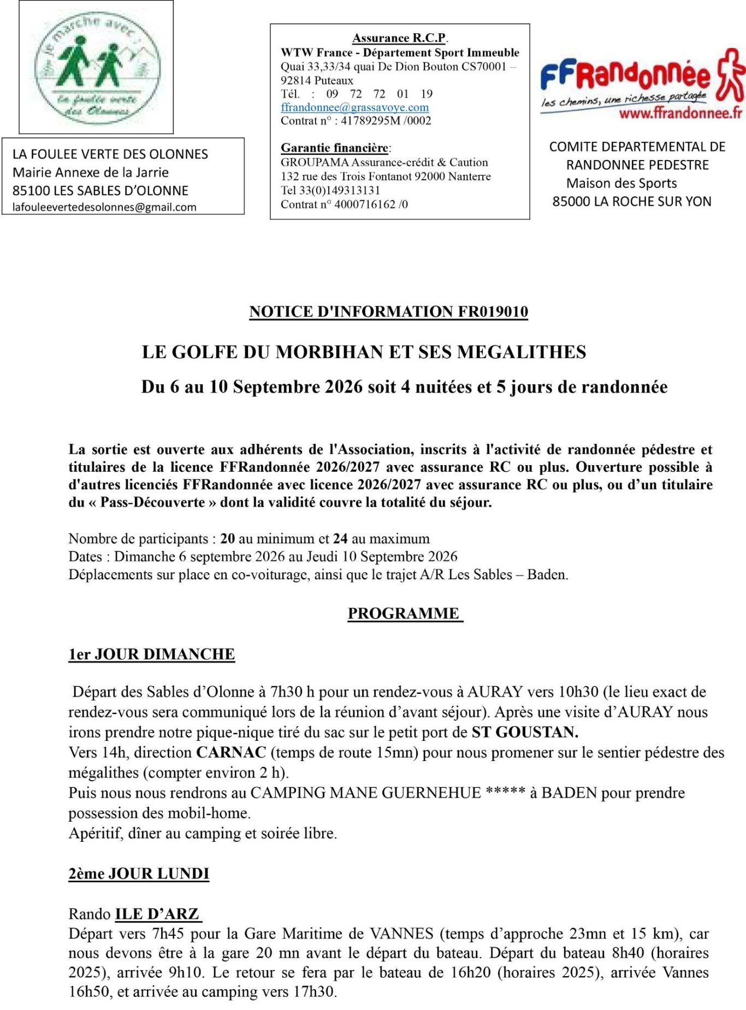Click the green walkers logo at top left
pos(97,67)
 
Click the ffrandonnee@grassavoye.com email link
pos(354,108)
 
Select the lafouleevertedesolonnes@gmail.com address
pos(104,207)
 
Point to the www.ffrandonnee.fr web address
pos(680,114)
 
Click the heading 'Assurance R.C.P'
pos(399,38)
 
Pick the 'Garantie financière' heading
pos(334,148)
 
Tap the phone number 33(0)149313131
pos(339,190)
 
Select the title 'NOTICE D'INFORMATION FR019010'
pos(388,312)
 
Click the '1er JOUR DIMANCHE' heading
pos(151,654)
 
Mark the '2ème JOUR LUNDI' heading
pos(139,874)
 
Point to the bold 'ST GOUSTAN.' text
pos(525,732)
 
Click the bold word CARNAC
pos(231,752)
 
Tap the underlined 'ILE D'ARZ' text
pos(157,914)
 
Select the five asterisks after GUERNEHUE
pos(505,792)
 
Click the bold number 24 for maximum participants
pos(340,539)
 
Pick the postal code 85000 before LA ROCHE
pos(571,201)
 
